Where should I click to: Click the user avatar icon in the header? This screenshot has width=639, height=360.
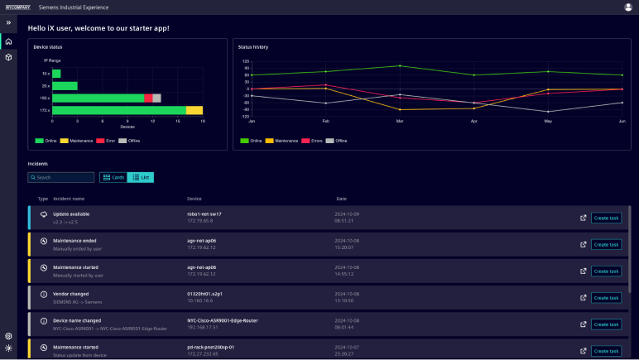click(x=627, y=7)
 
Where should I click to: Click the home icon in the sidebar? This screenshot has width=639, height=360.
click(x=8, y=41)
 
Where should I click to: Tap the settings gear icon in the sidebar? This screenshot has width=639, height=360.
click(x=8, y=336)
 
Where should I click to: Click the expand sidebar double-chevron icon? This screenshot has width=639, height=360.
click(x=8, y=22)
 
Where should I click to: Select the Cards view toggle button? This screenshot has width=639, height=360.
click(x=113, y=177)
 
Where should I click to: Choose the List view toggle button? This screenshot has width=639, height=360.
click(x=141, y=177)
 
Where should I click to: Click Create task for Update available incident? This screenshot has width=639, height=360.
click(x=606, y=218)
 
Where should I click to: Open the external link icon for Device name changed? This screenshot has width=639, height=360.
click(x=583, y=324)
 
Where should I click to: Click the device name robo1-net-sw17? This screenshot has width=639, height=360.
click(x=204, y=214)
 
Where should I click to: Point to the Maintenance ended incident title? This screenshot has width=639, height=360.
click(x=74, y=241)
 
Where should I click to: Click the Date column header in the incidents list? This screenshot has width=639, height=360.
click(x=341, y=199)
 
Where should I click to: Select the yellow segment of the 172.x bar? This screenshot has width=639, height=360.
click(x=195, y=110)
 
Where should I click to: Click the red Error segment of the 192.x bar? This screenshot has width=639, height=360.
click(x=148, y=98)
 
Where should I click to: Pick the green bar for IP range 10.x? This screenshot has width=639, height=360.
click(x=56, y=73)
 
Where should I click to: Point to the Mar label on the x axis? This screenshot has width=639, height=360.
click(x=400, y=122)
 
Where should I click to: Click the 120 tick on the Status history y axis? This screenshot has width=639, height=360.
click(x=245, y=60)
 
